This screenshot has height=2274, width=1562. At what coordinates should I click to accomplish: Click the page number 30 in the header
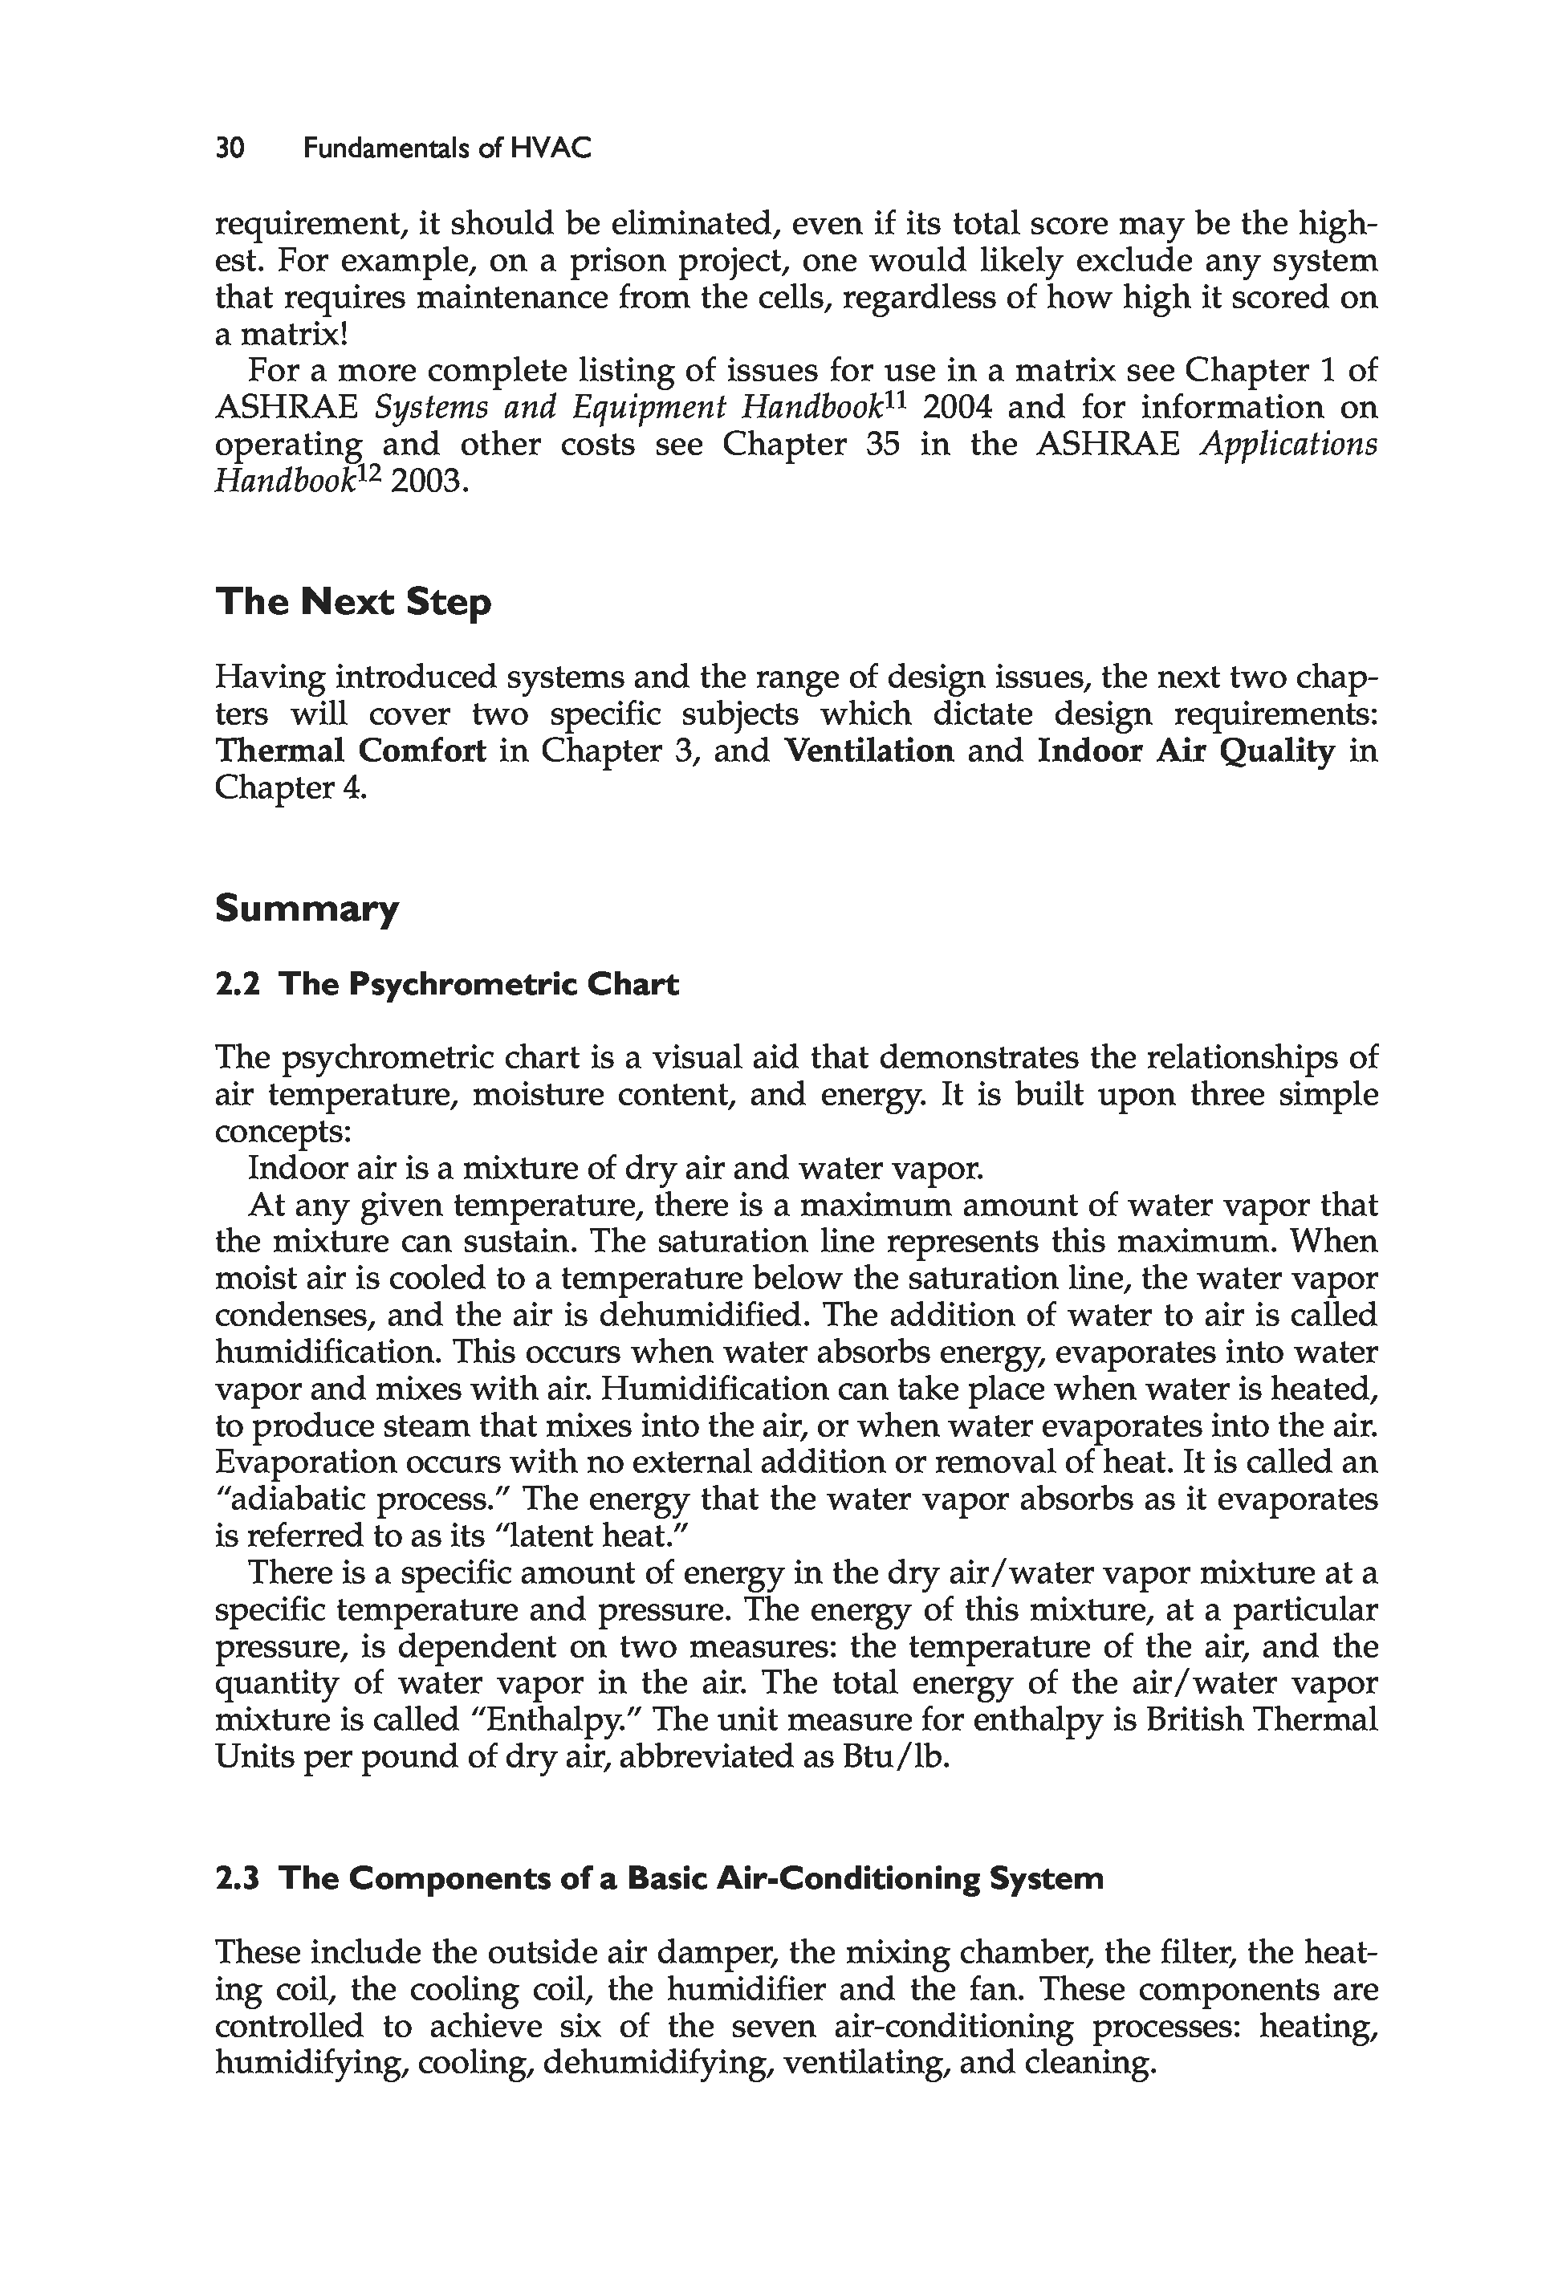[x=230, y=148]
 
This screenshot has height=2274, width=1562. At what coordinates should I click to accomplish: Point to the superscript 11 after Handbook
[x=897, y=397]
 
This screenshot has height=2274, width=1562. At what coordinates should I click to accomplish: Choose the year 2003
[x=425, y=482]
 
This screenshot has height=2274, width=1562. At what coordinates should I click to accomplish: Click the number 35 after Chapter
[x=883, y=444]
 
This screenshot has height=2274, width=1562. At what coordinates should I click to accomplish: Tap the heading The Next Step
[x=353, y=600]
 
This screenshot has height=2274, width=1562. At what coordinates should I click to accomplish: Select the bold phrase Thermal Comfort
[x=351, y=751]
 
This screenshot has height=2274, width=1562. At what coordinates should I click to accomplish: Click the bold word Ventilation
[x=869, y=751]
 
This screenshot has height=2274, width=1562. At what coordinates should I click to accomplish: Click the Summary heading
[x=307, y=909]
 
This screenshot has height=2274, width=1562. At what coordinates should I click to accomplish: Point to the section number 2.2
[x=237, y=983]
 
